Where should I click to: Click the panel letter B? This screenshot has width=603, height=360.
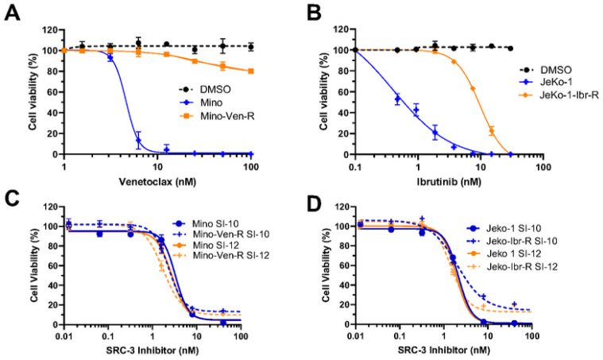[x=313, y=14]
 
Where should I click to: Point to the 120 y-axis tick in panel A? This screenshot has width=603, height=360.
[x=48, y=29]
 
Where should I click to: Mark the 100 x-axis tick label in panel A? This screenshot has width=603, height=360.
[x=252, y=167]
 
